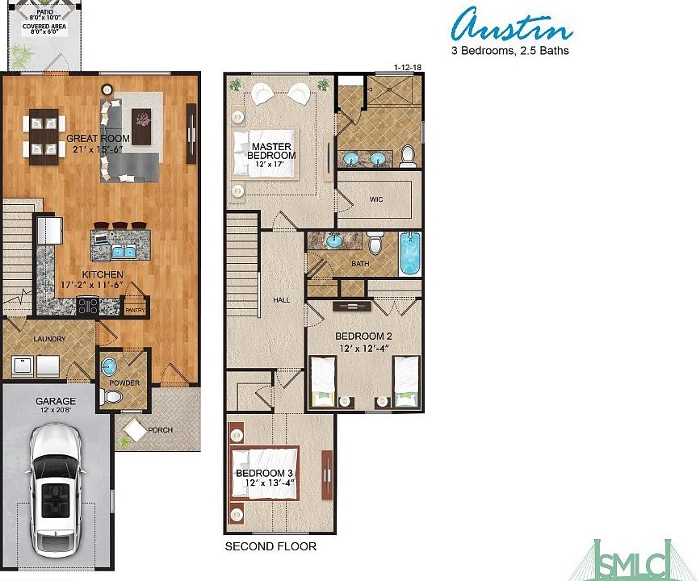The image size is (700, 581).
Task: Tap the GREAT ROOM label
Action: [x=98, y=138]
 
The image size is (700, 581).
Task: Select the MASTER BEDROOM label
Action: [x=271, y=151]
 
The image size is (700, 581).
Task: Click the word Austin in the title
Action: [x=512, y=27]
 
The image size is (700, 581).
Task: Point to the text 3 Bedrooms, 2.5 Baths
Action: [x=509, y=50]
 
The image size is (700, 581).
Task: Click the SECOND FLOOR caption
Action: [x=270, y=546]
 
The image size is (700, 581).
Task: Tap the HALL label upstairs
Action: [x=281, y=299]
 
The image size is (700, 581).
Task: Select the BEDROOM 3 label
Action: [x=259, y=473]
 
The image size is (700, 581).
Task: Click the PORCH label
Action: [x=160, y=429]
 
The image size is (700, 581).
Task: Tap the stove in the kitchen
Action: [x=87, y=306]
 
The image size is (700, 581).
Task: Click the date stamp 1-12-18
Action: [x=408, y=68]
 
